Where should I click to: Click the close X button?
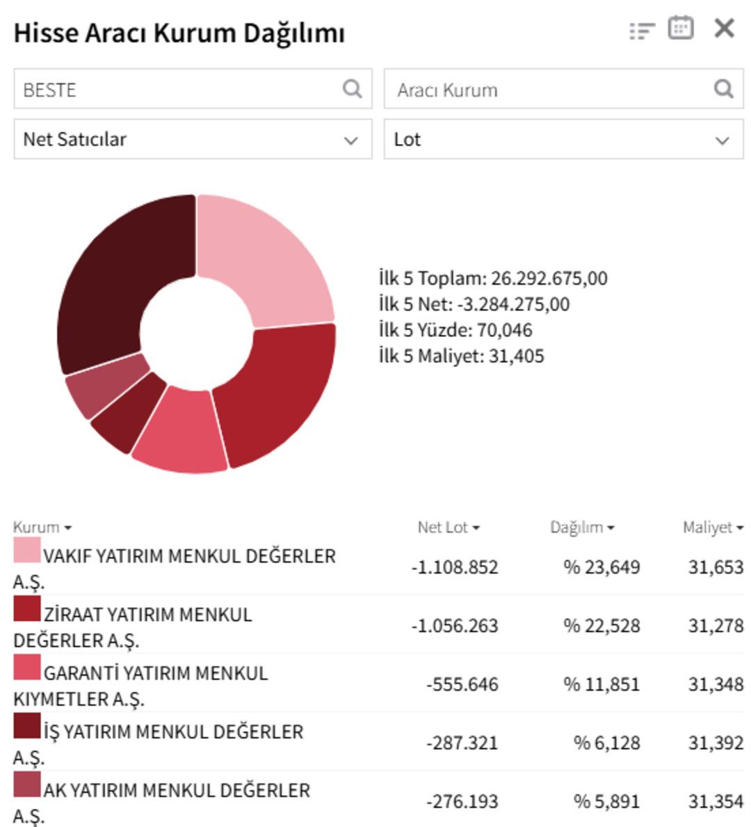point(724,29)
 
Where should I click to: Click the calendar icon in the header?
point(680,29)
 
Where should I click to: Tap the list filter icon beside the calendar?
point(641,31)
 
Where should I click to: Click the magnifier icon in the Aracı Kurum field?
point(723,89)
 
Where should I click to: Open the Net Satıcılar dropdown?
point(193,139)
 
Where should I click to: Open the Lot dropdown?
point(563,139)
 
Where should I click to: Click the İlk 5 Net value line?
point(474,304)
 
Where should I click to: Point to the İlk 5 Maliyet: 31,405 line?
point(462,356)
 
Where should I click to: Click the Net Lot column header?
point(448,528)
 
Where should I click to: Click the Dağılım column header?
point(581,528)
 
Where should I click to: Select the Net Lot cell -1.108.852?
point(455,567)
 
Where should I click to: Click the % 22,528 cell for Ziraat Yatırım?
point(601,626)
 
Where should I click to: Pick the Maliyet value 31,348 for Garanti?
point(716,684)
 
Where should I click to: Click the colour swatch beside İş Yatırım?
point(27,726)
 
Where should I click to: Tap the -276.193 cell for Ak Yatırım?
point(462,801)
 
